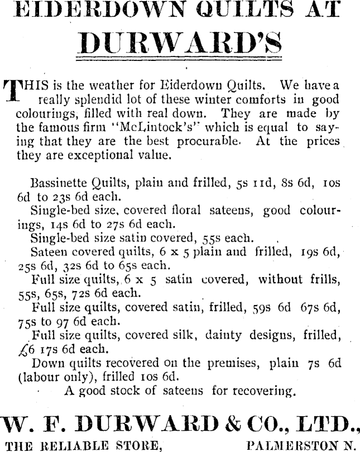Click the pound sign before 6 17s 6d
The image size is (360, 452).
tap(22, 349)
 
